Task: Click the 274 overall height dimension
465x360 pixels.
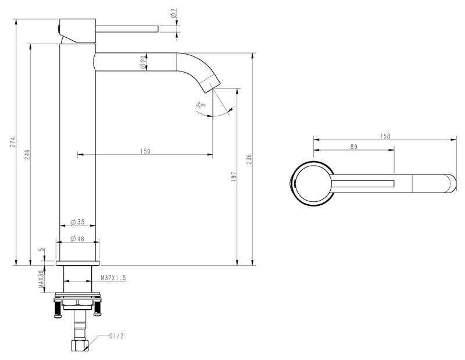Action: (12, 142)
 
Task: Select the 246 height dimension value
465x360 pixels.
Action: (27, 154)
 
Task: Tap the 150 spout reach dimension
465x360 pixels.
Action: (145, 151)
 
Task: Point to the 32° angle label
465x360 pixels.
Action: (201, 105)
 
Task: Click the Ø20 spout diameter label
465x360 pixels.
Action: (142, 62)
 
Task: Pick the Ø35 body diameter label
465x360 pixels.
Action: (78, 222)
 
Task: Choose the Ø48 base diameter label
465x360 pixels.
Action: (78, 238)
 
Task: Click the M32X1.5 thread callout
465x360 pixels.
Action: (113, 278)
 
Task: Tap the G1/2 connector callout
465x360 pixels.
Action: (116, 336)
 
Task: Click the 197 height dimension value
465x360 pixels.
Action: (234, 177)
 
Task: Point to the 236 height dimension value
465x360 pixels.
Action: (249, 159)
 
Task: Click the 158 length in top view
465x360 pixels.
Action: (385, 136)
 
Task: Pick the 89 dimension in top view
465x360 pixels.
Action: (354, 147)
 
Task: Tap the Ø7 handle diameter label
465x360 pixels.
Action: (174, 13)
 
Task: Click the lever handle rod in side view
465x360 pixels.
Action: (127, 29)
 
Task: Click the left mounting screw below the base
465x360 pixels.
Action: (57, 309)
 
